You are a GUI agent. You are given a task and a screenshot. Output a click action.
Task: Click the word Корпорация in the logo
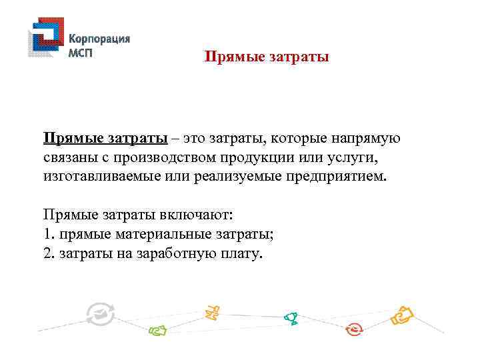pos(100,39)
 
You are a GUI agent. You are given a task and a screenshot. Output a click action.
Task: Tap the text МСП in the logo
pos(81,53)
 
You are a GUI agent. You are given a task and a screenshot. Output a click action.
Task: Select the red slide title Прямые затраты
pos(267,57)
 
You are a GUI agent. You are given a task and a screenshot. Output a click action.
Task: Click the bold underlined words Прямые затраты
pos(105,139)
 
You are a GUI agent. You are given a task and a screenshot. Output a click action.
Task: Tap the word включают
pos(194,216)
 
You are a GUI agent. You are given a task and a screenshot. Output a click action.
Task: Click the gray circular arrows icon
pos(101,314)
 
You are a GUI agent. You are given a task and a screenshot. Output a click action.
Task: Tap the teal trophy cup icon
pos(291,318)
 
